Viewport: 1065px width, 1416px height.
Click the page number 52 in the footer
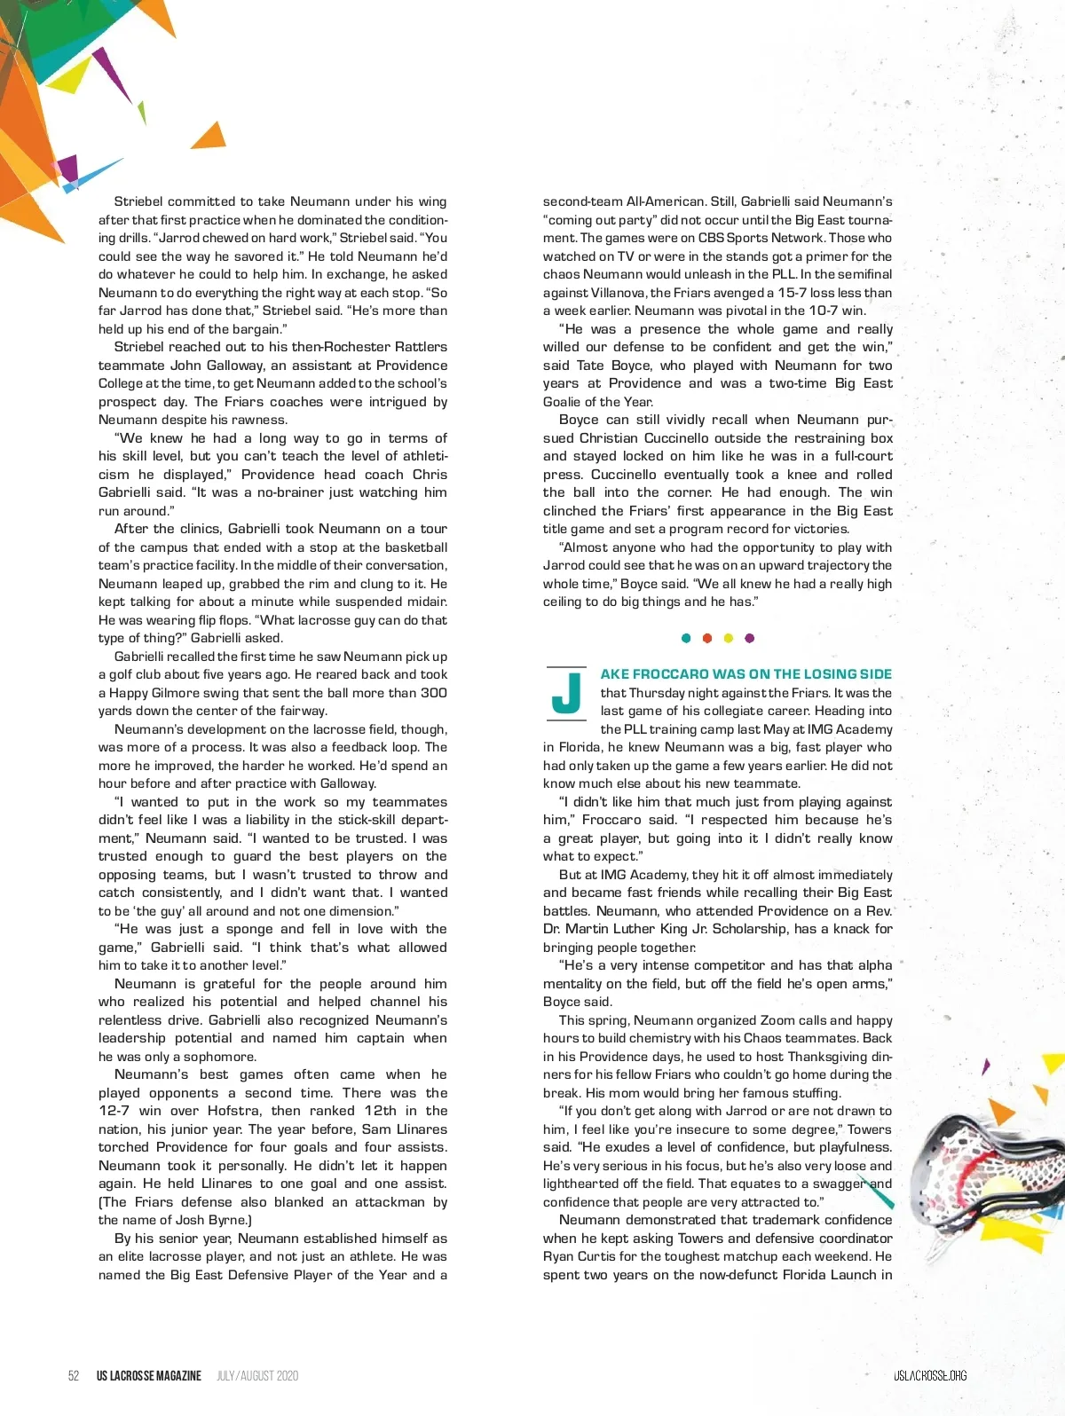pos(74,1376)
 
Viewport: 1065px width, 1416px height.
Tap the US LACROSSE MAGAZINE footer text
pos(149,1376)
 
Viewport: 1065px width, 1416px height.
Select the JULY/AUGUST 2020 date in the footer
pos(257,1376)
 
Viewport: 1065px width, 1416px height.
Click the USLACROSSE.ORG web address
pos(929,1376)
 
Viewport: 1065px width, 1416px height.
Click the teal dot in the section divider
pos(686,638)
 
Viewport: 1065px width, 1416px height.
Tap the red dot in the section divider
pos(707,638)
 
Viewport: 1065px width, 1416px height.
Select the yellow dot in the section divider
pos(729,638)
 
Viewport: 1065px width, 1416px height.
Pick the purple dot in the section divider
pos(750,638)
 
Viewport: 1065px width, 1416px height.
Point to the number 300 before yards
pos(433,693)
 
